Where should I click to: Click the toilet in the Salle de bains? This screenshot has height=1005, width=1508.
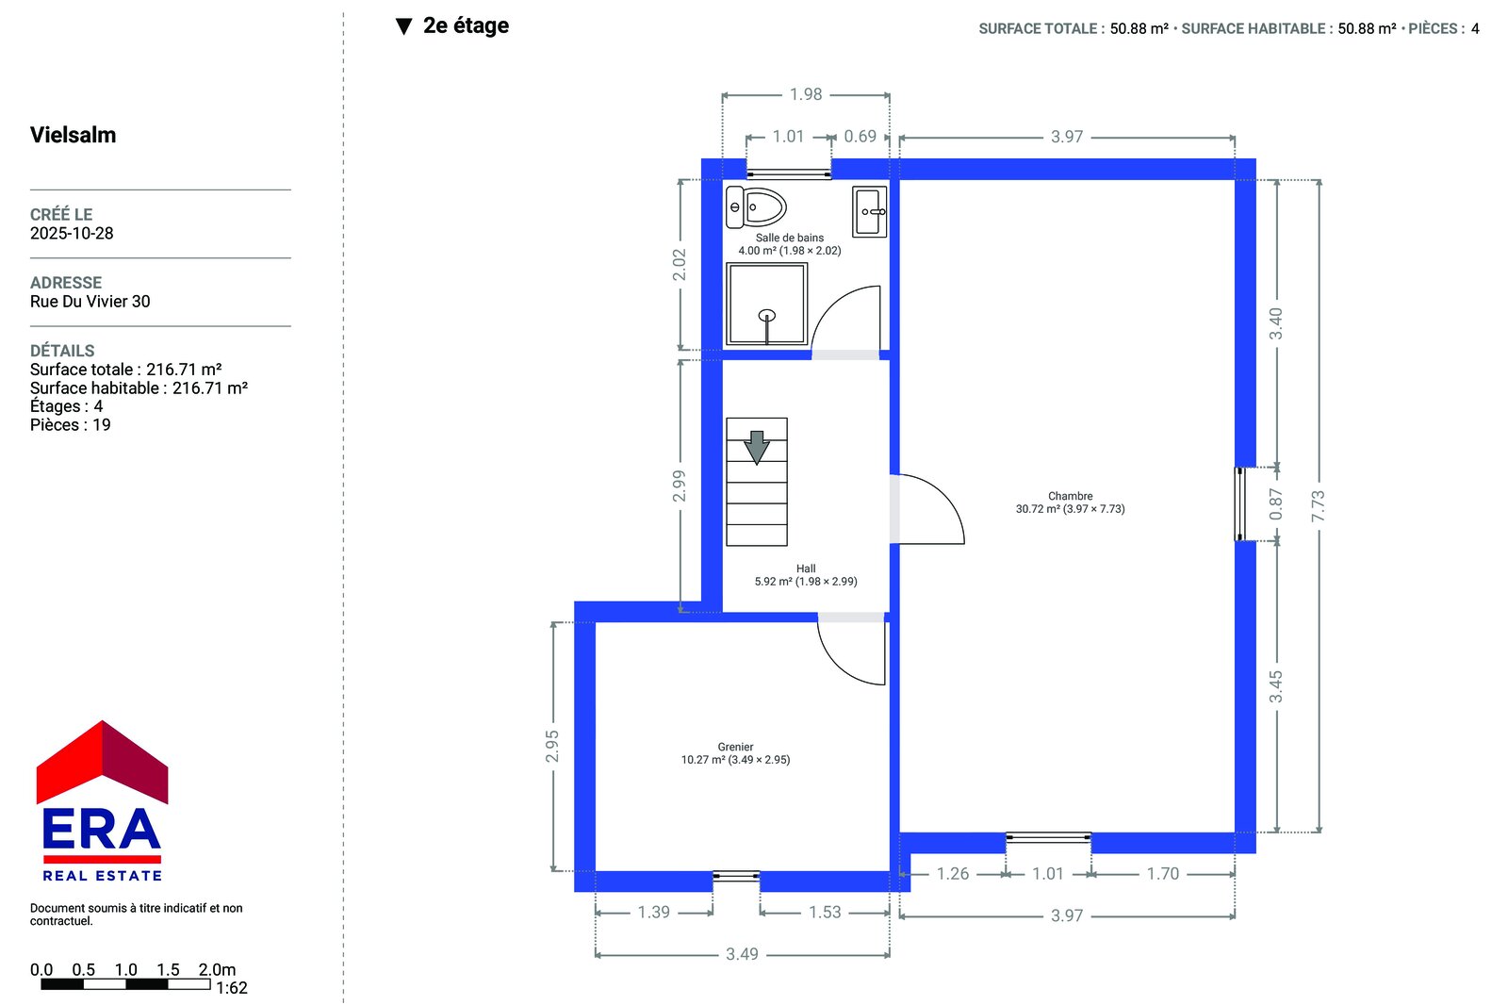coord(755,206)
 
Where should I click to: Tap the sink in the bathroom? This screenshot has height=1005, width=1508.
coord(869,211)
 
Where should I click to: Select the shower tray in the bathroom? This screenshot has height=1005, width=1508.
coord(766,305)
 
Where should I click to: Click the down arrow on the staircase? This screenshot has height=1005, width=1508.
coord(757,447)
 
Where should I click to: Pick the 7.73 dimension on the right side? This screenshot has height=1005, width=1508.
coord(1319,506)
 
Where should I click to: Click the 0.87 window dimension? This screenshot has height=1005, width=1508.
coord(1276,503)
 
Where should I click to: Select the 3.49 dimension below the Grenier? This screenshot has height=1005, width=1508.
coord(742,954)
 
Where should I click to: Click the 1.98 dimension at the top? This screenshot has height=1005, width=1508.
coord(806,94)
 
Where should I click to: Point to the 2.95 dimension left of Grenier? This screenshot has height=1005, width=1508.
coord(552,747)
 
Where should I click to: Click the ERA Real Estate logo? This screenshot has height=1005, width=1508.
coord(102,800)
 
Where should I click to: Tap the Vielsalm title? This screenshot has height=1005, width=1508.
coord(73,135)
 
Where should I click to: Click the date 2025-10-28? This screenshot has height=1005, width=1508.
coord(72,233)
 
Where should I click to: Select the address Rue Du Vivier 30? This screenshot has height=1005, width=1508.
coord(90,301)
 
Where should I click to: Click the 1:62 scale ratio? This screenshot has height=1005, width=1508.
coord(232,987)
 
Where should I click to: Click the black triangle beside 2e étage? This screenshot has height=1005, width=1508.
coord(404,26)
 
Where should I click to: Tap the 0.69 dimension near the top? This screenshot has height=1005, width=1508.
coord(861,136)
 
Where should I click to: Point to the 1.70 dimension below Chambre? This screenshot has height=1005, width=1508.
coord(1163,873)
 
